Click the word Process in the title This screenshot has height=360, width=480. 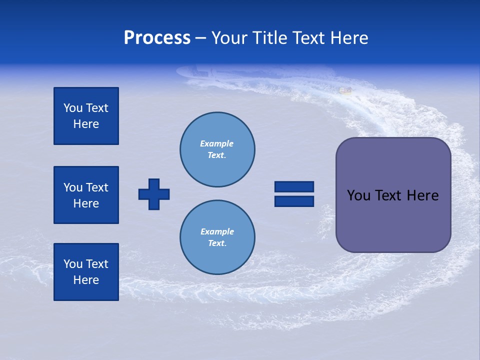click(157, 38)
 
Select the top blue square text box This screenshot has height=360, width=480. click(86, 116)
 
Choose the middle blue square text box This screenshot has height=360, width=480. click(86, 195)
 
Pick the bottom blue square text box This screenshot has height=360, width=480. click(86, 272)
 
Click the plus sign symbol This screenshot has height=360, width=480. click(154, 194)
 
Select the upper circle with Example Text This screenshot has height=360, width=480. click(217, 149)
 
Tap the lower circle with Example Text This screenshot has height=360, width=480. click(217, 237)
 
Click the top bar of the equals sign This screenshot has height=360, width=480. click(294, 186)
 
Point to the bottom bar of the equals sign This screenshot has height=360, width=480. click(294, 201)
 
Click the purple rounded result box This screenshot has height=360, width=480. click(393, 195)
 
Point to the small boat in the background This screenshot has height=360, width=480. click(345, 90)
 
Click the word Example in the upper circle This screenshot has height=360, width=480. click(217, 143)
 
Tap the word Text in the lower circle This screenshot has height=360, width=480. click(217, 243)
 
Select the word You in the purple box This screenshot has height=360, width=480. click(358, 195)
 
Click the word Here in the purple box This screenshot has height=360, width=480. click(422, 195)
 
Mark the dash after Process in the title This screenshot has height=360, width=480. click(201, 38)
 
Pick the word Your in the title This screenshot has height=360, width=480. click(229, 38)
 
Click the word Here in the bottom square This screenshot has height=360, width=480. click(86, 280)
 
